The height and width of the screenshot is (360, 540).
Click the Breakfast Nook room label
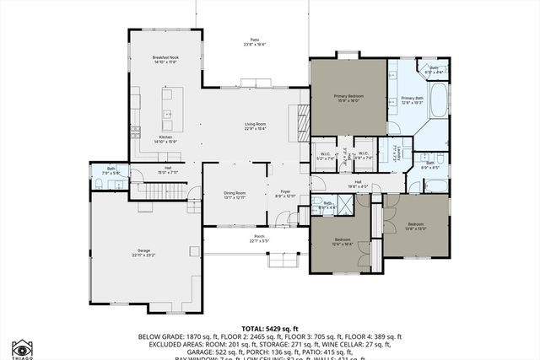141,60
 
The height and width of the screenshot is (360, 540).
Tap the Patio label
254,43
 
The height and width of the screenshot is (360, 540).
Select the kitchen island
167,105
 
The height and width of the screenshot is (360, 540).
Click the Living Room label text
256,126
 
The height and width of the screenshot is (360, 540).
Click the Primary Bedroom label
348,99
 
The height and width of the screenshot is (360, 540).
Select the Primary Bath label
413,100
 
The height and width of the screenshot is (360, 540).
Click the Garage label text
142,250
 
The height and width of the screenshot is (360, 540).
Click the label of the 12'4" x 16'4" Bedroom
343,242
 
